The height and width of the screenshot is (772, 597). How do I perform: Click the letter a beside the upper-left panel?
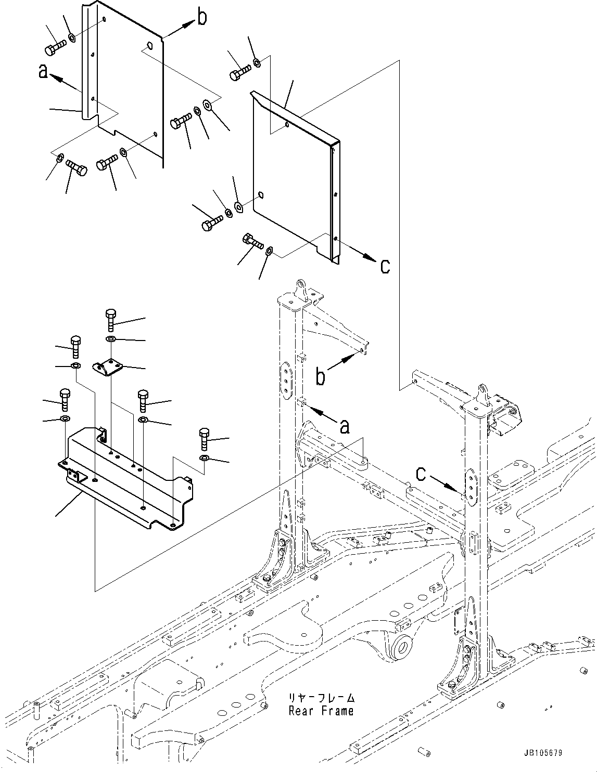(x=44, y=72)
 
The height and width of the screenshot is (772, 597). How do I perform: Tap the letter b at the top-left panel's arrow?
(x=201, y=18)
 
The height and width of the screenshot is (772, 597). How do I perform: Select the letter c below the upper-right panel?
(x=384, y=266)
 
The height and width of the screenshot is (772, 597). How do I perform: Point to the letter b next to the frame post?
(x=321, y=376)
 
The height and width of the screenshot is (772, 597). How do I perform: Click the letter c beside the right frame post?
(x=421, y=474)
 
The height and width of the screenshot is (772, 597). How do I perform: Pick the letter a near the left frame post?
(x=344, y=427)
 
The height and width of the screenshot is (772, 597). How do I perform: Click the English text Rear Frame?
(x=321, y=711)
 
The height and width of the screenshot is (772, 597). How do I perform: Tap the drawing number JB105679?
(x=543, y=753)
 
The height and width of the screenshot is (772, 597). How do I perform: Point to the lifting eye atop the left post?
(x=301, y=287)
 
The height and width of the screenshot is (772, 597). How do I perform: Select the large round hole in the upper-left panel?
(x=149, y=45)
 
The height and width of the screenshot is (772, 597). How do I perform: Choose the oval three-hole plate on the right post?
(x=469, y=486)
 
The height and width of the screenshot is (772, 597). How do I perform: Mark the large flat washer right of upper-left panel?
(x=208, y=106)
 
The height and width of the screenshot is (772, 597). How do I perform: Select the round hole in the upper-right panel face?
(x=261, y=195)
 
